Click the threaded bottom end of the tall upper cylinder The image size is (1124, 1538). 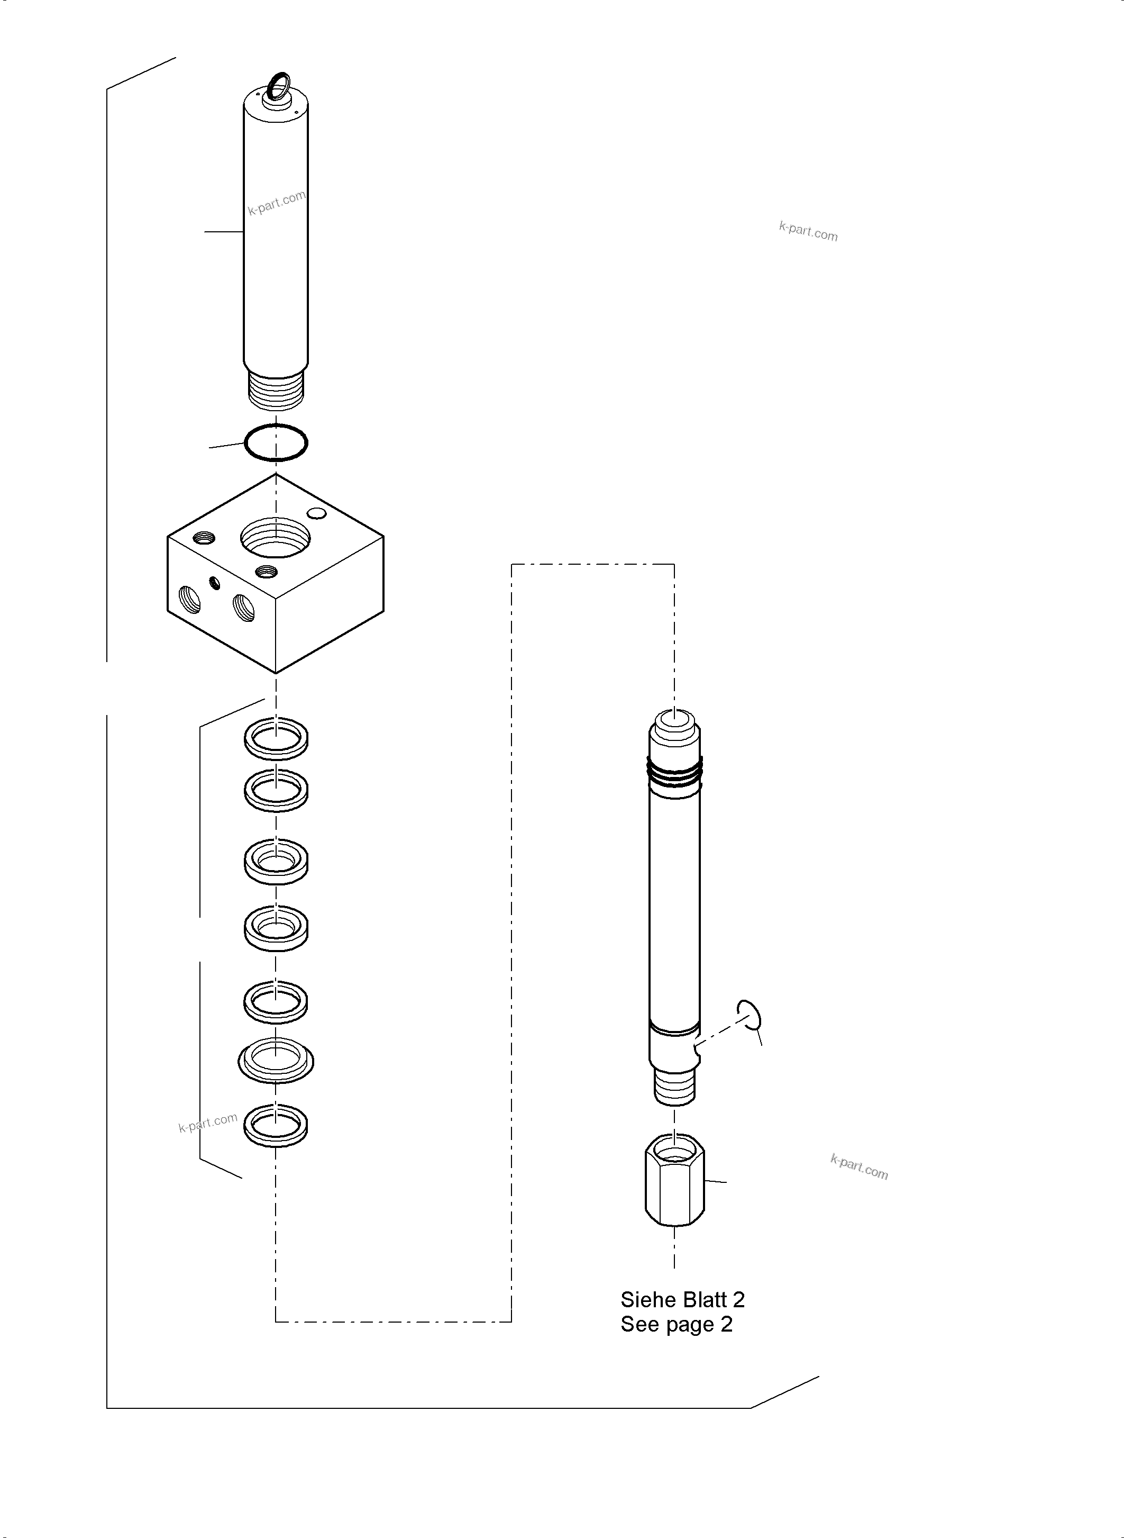point(276,390)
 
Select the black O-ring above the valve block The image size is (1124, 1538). point(276,442)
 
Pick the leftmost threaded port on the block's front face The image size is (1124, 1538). point(190,599)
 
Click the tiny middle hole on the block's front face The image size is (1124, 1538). point(216,582)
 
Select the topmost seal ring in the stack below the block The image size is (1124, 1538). point(276,738)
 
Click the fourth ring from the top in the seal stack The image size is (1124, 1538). point(276,927)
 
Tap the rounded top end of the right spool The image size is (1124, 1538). point(674,723)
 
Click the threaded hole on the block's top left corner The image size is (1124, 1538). point(204,538)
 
